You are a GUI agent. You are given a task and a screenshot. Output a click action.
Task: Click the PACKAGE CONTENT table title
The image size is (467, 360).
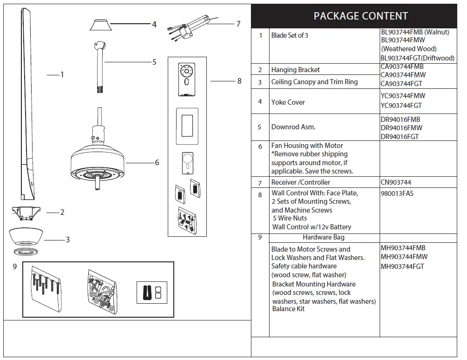click(x=361, y=16)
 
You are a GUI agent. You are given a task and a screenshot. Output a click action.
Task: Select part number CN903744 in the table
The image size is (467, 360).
click(x=396, y=182)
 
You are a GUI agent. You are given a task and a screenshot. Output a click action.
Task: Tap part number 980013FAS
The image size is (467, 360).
click(x=397, y=193)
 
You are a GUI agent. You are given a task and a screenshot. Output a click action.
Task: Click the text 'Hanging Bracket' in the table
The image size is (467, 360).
click(x=296, y=70)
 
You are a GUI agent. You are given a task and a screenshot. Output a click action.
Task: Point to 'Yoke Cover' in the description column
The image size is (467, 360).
click(x=288, y=102)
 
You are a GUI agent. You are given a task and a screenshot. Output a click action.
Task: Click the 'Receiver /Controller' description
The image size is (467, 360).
click(x=301, y=182)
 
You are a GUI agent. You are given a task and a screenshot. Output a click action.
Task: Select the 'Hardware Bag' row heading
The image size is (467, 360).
click(x=323, y=237)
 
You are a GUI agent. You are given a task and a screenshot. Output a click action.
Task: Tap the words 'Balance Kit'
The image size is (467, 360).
click(x=288, y=309)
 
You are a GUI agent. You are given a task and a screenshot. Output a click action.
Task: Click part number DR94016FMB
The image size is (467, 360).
click(x=400, y=119)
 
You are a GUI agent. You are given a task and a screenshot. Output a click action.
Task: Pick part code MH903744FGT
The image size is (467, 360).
click(x=402, y=267)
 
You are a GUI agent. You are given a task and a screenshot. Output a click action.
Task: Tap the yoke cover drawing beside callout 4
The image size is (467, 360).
click(x=99, y=25)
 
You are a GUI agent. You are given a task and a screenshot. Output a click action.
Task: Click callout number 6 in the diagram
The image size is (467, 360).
click(x=157, y=163)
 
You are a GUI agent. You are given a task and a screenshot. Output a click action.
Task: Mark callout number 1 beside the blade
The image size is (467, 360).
click(x=62, y=74)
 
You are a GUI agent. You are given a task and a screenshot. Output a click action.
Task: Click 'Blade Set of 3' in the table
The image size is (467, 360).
click(x=289, y=35)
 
